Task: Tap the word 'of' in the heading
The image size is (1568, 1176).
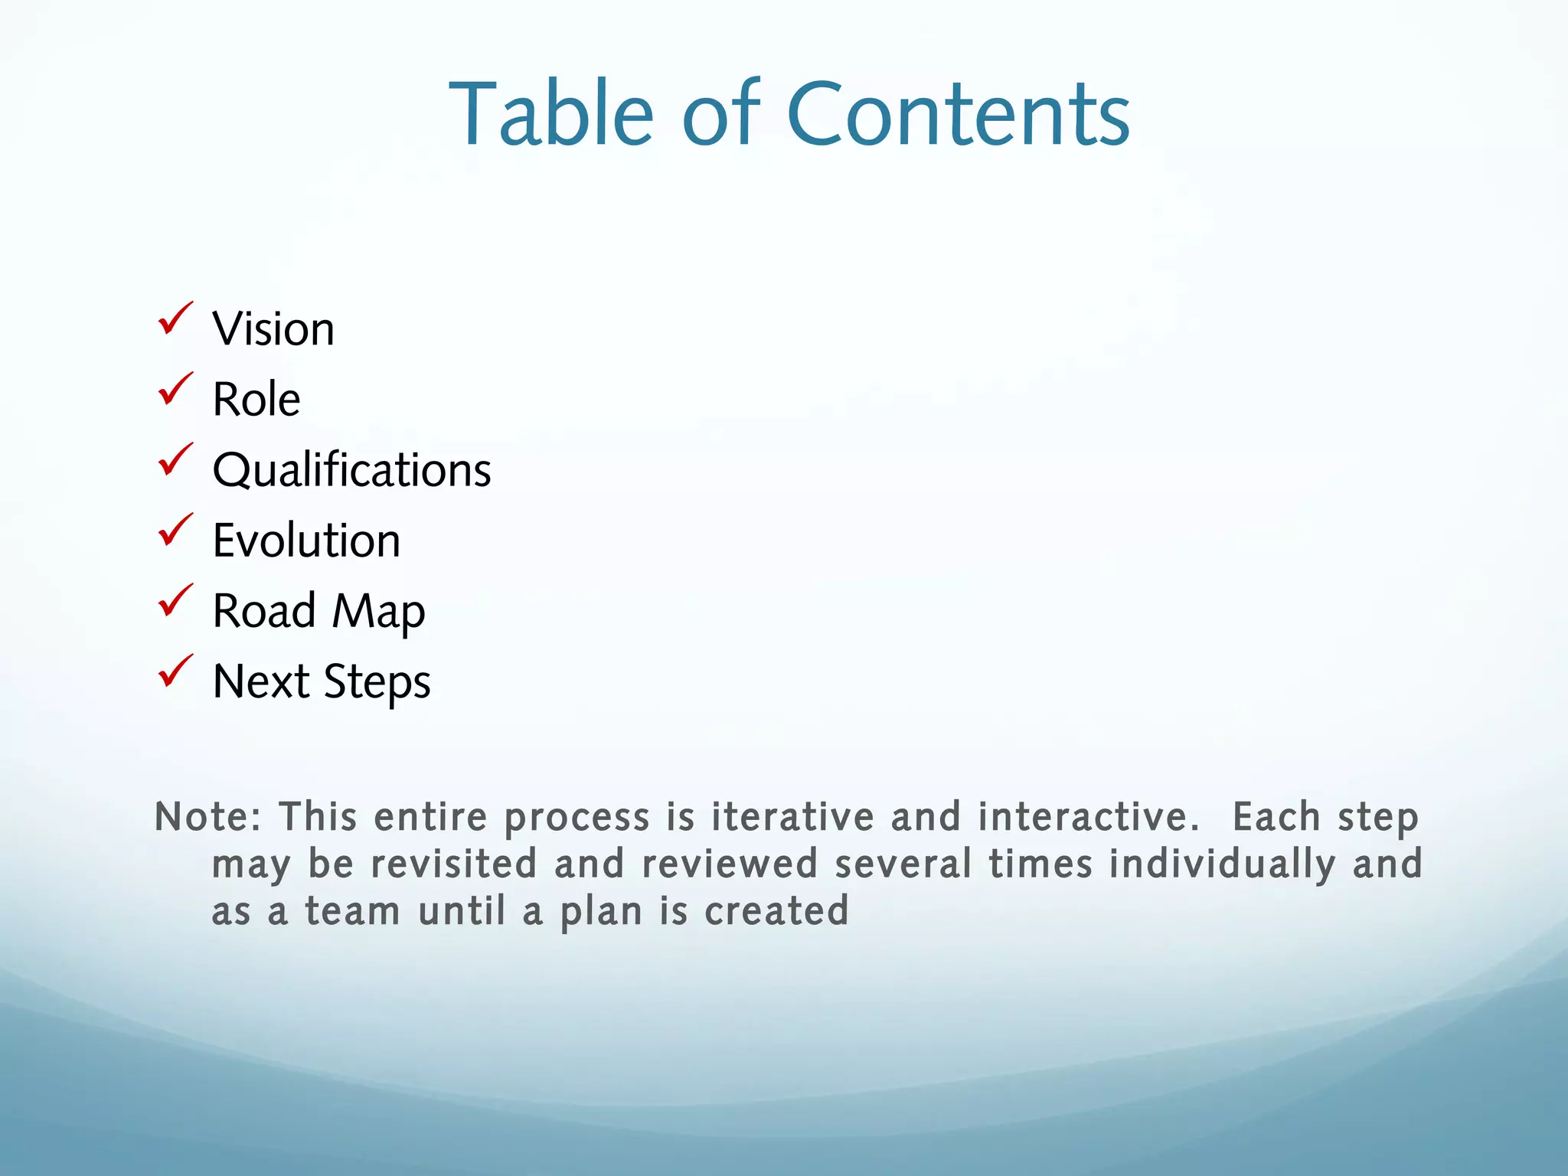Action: click(x=720, y=115)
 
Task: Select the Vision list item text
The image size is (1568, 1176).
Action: click(x=273, y=329)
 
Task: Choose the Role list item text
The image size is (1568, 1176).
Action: click(x=256, y=400)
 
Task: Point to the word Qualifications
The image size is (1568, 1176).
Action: click(x=351, y=470)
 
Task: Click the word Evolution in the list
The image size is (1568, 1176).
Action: click(x=306, y=541)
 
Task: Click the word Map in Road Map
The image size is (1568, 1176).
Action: click(x=378, y=612)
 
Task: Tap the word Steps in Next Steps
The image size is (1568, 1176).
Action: click(x=377, y=682)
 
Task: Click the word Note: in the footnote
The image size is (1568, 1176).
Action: click(x=208, y=817)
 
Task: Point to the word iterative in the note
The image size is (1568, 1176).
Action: click(x=792, y=817)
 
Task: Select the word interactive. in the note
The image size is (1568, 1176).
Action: click(x=1088, y=817)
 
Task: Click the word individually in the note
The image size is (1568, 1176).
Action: click(x=1222, y=864)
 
